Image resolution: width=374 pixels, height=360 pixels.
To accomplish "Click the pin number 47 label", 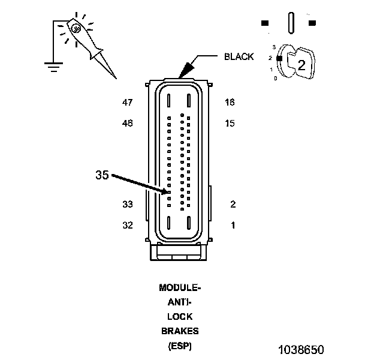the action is tap(128, 103).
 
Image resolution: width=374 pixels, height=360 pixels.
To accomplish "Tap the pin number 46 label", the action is tap(128, 123).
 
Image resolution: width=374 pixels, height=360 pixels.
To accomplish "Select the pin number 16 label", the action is tap(230, 103).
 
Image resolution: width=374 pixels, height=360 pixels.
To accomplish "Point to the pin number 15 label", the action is tap(230, 123).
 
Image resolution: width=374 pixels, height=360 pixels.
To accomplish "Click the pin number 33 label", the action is tap(128, 205).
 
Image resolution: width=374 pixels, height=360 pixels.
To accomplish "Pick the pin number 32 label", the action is tap(128, 225).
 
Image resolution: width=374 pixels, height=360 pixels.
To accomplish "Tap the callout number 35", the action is tap(102, 175).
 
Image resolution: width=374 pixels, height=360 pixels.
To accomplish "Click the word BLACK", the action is tap(239, 56).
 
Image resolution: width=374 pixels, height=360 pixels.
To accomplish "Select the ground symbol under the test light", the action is tap(54, 67).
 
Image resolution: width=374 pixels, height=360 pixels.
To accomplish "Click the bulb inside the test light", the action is tap(76, 29).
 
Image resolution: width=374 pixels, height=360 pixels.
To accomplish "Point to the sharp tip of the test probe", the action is tap(116, 79).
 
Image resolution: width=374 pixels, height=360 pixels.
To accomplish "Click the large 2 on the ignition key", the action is tap(301, 65).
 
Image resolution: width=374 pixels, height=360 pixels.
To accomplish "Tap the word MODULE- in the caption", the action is tap(180, 287).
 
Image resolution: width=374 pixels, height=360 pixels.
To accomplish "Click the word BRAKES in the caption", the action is tap(180, 331).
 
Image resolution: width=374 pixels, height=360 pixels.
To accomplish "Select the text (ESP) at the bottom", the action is tap(180, 346).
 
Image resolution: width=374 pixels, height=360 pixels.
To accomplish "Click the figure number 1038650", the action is tap(301, 350).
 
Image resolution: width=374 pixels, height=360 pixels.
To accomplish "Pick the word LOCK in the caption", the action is tap(180, 317).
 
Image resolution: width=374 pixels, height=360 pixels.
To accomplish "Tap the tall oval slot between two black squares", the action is tap(291, 23).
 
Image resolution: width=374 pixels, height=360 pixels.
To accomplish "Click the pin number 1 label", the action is tap(233, 225).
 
